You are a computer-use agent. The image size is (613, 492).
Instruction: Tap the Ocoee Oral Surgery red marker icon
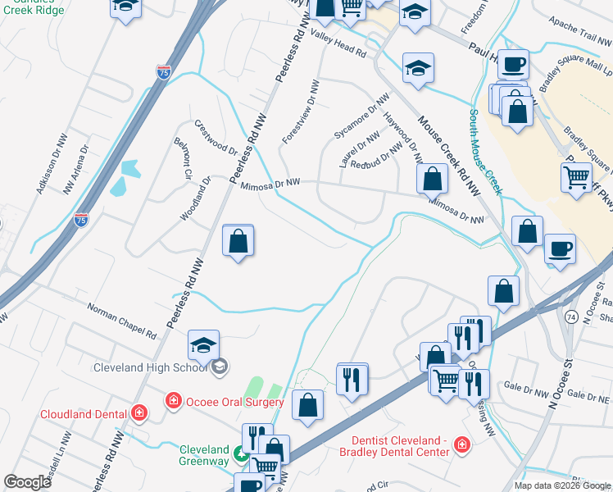coord(173,401)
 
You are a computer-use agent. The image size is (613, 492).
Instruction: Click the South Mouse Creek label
coord(485,153)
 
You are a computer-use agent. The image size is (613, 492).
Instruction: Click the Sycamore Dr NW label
coord(361,121)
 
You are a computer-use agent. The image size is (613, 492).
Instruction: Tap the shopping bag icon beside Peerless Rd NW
coord(238,241)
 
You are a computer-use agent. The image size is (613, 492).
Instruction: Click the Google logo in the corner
coord(27,482)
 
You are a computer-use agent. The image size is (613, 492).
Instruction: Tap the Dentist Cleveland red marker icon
coord(463,444)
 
